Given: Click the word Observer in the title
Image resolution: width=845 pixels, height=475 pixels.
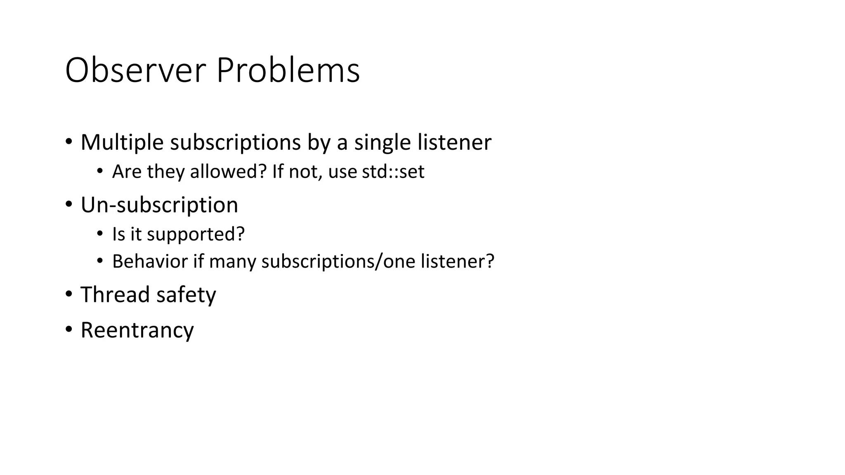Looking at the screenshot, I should click(x=135, y=71).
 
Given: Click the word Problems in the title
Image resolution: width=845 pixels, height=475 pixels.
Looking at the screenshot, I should click(x=288, y=71).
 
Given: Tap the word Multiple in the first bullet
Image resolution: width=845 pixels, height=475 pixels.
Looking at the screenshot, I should click(x=122, y=142).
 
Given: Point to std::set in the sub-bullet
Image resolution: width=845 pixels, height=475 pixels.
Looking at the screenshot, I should click(x=393, y=172).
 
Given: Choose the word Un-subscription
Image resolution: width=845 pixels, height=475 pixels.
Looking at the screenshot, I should click(x=159, y=205).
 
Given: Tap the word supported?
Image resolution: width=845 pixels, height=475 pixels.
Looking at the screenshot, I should click(x=196, y=234).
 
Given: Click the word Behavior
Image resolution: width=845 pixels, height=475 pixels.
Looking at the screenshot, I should click(x=150, y=261).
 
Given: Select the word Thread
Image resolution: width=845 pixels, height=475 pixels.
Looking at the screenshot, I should click(x=115, y=295).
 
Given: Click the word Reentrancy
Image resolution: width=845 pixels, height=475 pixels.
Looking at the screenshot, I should click(x=137, y=330).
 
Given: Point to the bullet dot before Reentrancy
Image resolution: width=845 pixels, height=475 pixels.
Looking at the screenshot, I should click(x=69, y=329).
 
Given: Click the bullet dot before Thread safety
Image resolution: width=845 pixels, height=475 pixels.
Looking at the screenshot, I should click(x=69, y=294).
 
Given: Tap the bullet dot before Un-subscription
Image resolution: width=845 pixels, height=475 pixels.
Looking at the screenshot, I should click(x=69, y=204).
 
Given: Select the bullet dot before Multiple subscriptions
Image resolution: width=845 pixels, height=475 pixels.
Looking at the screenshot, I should click(x=69, y=141).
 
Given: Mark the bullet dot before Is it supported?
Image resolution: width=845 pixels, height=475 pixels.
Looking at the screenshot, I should click(x=99, y=234).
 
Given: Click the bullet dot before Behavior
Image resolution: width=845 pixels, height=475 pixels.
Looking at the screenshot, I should click(x=99, y=261).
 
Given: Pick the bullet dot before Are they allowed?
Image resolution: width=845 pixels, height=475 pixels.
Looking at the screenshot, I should click(x=99, y=171).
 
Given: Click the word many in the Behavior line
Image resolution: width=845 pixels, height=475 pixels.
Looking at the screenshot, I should click(x=232, y=261).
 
